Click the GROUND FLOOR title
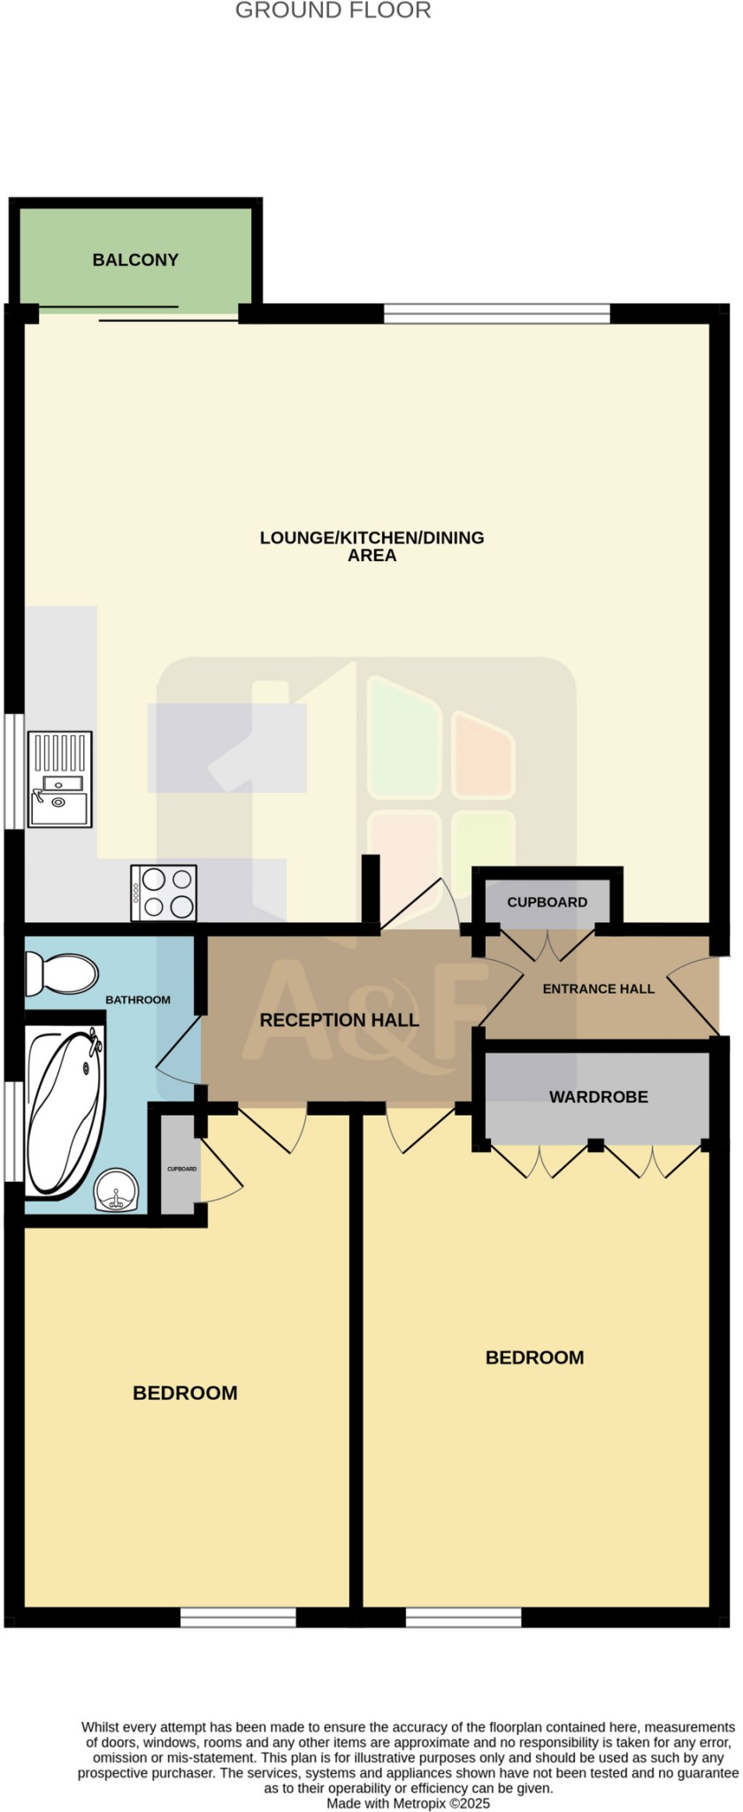coord(333,12)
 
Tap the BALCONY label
coord(135,260)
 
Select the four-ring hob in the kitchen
coord(164,893)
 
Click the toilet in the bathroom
coord(61,973)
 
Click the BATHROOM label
coord(137,1000)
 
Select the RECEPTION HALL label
coord(339,1020)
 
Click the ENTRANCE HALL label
coord(598,989)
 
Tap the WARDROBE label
coord(598,1097)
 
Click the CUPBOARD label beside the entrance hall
coord(547,902)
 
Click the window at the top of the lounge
coord(496,313)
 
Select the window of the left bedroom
coord(238,1617)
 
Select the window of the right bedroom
coord(463,1617)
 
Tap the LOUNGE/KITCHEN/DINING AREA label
coord(371,546)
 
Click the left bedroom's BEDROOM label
coord(185,1393)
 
